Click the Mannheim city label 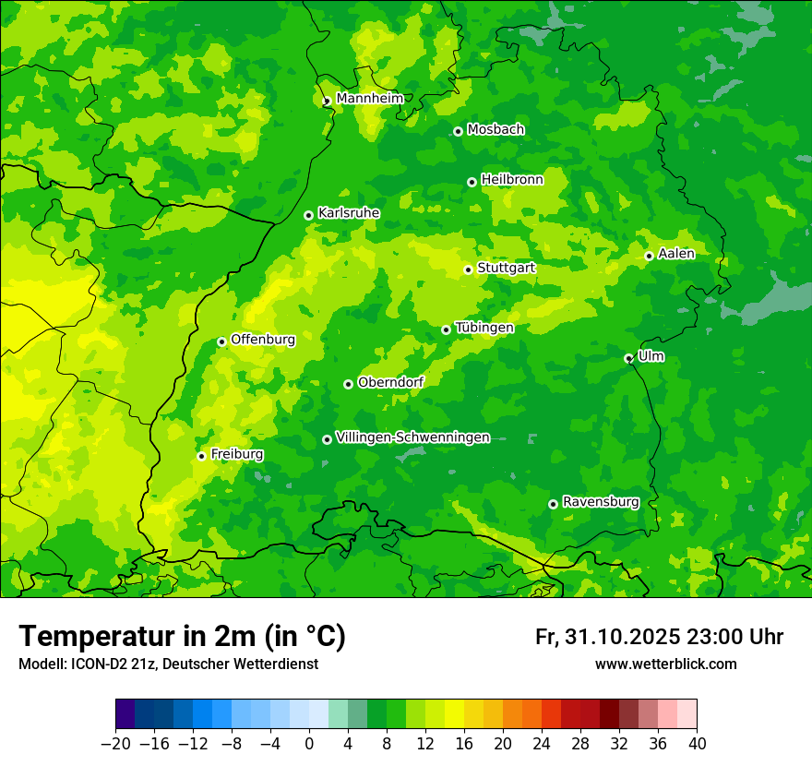click(369, 98)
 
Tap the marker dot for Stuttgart click(468, 269)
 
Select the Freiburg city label click(236, 454)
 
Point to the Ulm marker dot click(628, 358)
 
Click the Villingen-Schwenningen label click(412, 437)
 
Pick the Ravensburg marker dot click(553, 504)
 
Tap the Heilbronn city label click(512, 180)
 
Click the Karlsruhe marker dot click(308, 215)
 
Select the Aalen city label click(676, 254)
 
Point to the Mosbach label click(496, 130)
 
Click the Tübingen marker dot click(446, 329)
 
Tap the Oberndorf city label click(390, 382)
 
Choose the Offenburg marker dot click(221, 341)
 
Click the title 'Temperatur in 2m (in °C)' click(182, 636)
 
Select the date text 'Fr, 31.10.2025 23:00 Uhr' click(659, 637)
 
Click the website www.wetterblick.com click(665, 664)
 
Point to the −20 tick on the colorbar click(115, 744)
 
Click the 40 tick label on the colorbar click(697, 744)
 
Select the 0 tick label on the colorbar click(309, 744)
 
